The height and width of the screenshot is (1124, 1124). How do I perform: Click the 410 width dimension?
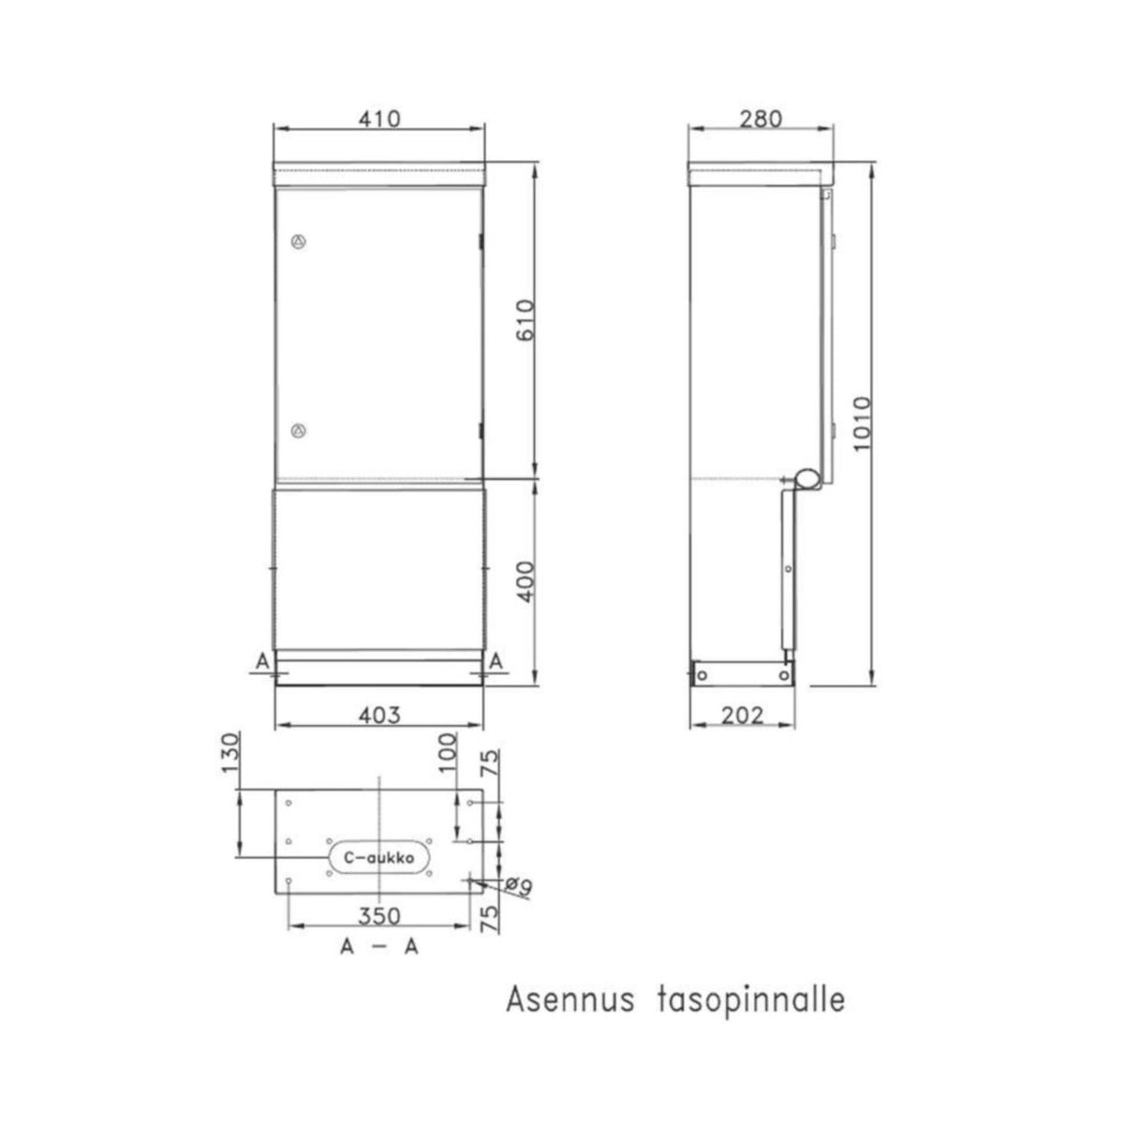379,119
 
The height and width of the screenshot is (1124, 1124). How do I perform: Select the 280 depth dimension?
761,119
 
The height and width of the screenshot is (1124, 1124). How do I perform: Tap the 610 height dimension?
525,320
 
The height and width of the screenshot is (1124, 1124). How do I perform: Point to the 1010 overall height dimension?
862,423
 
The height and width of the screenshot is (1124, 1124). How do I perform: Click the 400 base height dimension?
525,582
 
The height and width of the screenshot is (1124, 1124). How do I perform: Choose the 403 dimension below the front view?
379,715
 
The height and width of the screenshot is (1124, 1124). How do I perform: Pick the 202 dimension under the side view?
742,715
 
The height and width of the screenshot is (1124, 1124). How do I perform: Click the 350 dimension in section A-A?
379,916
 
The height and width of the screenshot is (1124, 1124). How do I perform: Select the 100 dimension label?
448,753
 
